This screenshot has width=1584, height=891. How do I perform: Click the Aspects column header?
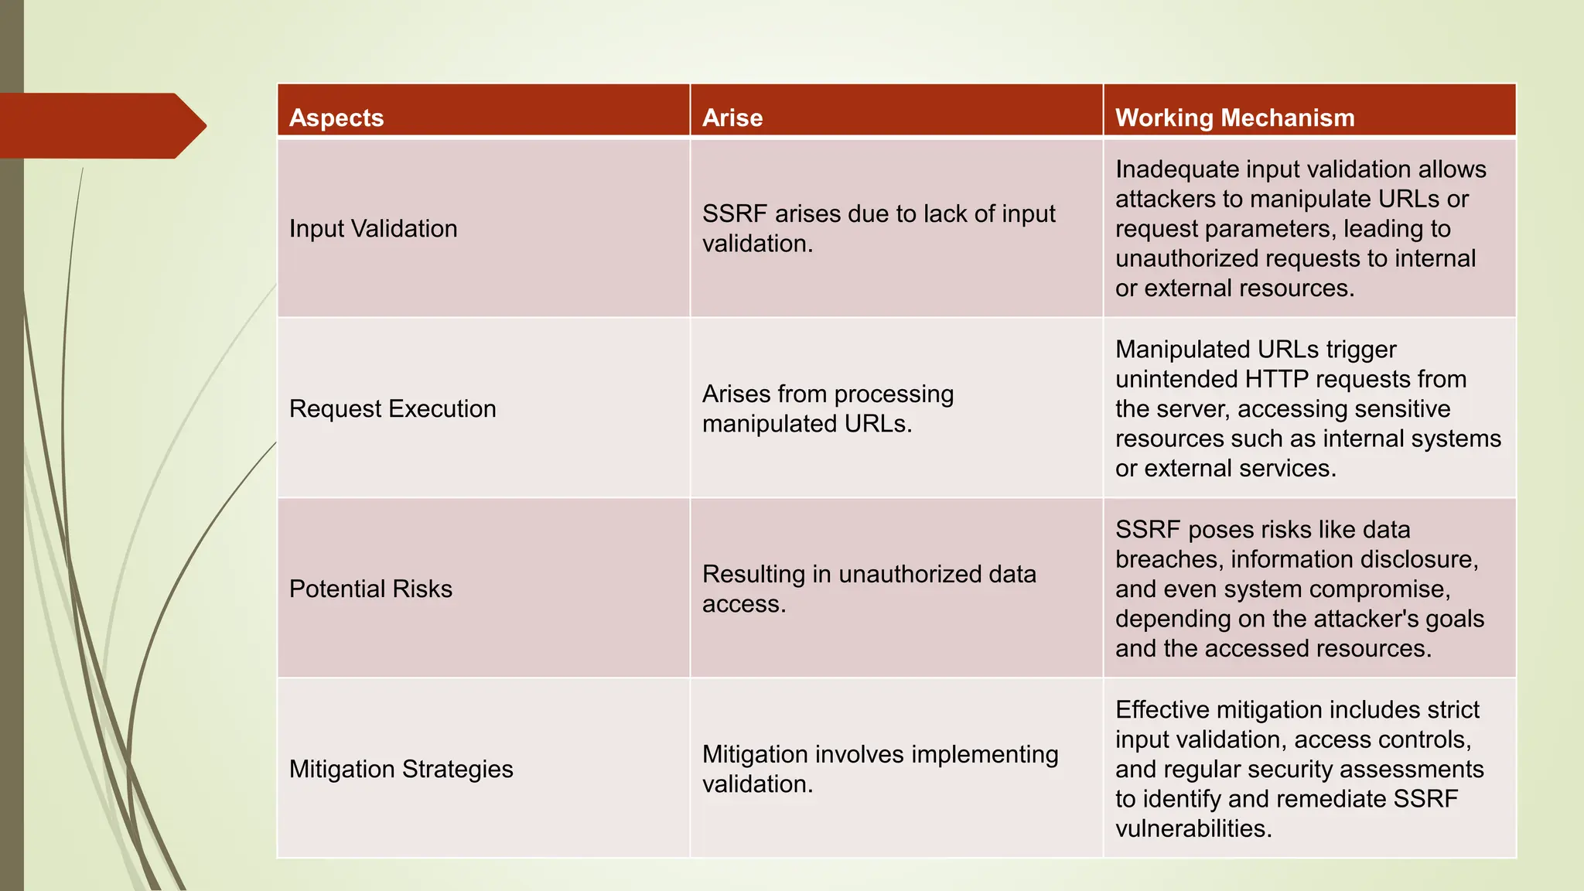(336, 118)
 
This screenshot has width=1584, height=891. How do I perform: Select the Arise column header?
(732, 118)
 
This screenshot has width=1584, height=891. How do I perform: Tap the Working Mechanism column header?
(1234, 118)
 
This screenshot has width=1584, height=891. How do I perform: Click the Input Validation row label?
(373, 229)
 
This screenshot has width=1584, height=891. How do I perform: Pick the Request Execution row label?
(392, 409)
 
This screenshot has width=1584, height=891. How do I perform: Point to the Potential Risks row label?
(370, 589)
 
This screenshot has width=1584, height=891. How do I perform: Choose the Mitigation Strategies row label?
(401, 770)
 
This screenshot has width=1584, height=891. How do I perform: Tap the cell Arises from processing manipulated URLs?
(828, 408)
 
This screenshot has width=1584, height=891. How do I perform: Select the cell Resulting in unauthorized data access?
(869, 589)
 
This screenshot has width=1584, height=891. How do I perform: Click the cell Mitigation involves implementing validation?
(879, 769)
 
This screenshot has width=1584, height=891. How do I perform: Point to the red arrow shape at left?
(101, 125)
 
